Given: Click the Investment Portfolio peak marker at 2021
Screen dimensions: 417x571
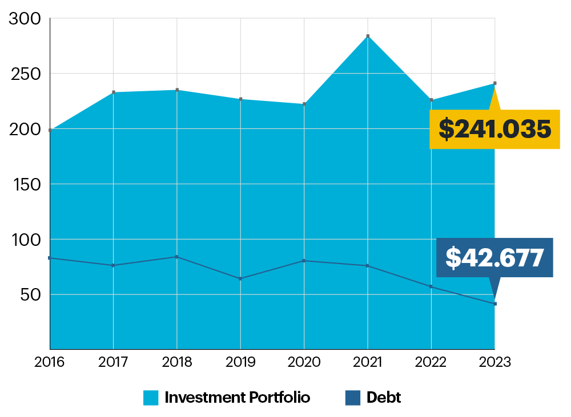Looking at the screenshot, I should click(368, 36).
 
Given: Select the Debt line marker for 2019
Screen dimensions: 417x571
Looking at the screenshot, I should click(240, 278).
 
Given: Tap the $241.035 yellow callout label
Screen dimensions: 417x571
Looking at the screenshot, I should click(494, 129).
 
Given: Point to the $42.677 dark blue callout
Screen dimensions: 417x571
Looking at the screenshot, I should click(494, 258).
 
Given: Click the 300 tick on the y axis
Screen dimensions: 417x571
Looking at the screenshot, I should click(26, 19).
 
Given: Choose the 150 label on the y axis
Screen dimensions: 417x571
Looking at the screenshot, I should click(26, 184).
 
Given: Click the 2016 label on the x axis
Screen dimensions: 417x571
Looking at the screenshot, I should click(50, 362).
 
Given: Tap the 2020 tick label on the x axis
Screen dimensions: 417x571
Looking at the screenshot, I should click(304, 362).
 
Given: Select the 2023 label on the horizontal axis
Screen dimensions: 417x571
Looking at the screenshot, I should click(494, 362).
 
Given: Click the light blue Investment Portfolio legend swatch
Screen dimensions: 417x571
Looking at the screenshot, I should click(151, 398).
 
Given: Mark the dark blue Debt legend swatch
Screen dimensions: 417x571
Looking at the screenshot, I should click(353, 398).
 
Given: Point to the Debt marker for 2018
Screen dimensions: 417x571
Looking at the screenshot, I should click(177, 257).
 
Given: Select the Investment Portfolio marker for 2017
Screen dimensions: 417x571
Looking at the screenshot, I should click(114, 92).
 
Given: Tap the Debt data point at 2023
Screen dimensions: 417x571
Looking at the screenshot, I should click(495, 303).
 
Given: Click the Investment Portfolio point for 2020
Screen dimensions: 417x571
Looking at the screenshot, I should click(304, 104).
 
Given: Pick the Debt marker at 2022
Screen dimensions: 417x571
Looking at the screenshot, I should click(431, 286).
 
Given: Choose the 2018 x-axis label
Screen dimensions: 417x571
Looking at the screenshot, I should click(177, 362).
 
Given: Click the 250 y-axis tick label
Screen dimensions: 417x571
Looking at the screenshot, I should click(26, 74).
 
